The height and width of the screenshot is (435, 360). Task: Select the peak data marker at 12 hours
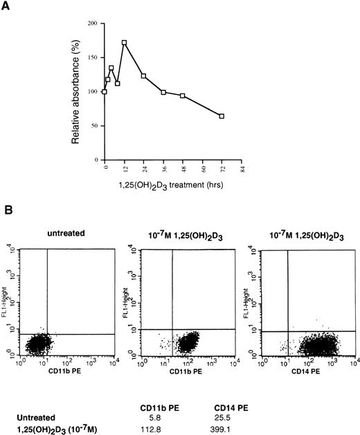click(125, 43)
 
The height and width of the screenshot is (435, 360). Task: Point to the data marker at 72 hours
click(222, 116)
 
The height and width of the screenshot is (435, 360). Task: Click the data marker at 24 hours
click(143, 75)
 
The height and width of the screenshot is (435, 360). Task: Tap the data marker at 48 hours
click(183, 95)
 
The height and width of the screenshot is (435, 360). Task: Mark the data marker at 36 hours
click(163, 92)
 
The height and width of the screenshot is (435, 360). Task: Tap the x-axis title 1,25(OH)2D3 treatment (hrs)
click(173, 185)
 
